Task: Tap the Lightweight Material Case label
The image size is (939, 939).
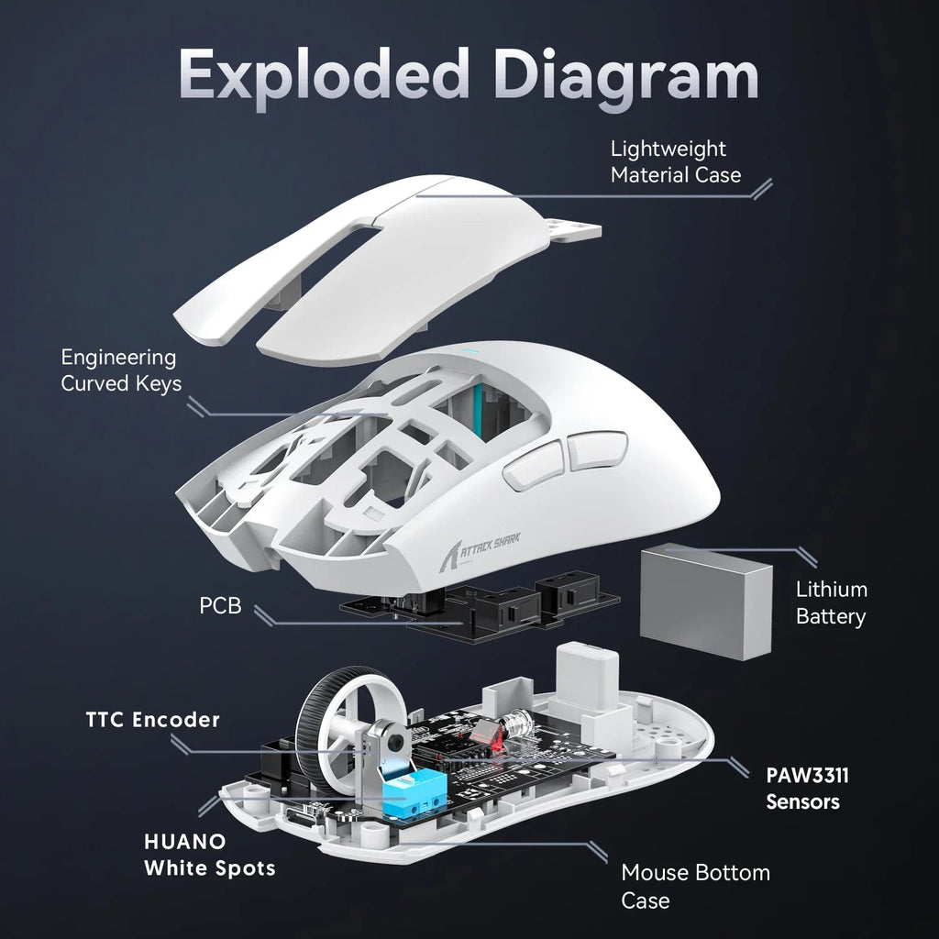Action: pyautogui.click(x=675, y=161)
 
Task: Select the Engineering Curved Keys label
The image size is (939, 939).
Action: pyautogui.click(x=120, y=370)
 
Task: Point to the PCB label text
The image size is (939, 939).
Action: pyautogui.click(x=220, y=605)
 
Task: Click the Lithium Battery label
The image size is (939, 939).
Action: pyautogui.click(x=830, y=602)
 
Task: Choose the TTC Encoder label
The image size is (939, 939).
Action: pyautogui.click(x=153, y=719)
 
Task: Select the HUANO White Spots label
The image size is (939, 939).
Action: pyautogui.click(x=209, y=854)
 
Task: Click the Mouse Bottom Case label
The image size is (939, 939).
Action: pyautogui.click(x=695, y=885)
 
